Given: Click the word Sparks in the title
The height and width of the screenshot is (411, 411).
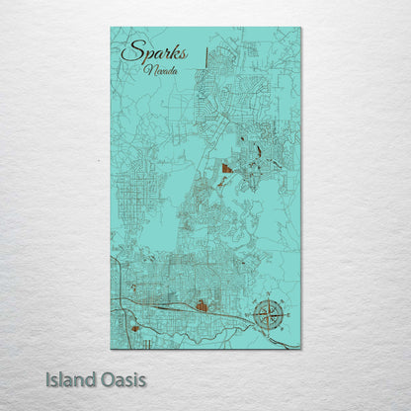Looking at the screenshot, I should (x=154, y=52).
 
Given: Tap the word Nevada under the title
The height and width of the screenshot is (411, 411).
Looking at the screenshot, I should (x=160, y=71).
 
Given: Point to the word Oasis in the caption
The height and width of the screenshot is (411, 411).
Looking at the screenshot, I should (x=122, y=379).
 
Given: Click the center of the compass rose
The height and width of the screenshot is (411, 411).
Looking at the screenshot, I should (x=267, y=316).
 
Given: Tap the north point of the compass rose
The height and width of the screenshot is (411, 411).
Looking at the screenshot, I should (x=267, y=299).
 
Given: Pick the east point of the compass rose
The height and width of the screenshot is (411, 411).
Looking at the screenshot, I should (x=284, y=316).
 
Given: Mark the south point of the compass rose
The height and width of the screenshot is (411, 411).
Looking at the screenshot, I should (x=267, y=333).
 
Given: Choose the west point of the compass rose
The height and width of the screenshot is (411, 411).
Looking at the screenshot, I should (x=250, y=316).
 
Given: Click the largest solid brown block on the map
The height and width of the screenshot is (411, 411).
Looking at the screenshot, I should (x=227, y=169).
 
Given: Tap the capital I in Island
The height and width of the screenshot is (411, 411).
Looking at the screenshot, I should (x=48, y=379).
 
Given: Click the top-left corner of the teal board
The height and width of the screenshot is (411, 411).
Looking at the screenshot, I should (x=112, y=28).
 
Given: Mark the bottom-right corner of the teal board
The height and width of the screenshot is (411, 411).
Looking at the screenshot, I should (x=300, y=348).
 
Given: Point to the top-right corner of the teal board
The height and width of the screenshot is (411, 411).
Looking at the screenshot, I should (x=300, y=28).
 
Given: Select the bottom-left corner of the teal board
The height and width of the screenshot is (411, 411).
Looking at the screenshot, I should (x=112, y=348).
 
